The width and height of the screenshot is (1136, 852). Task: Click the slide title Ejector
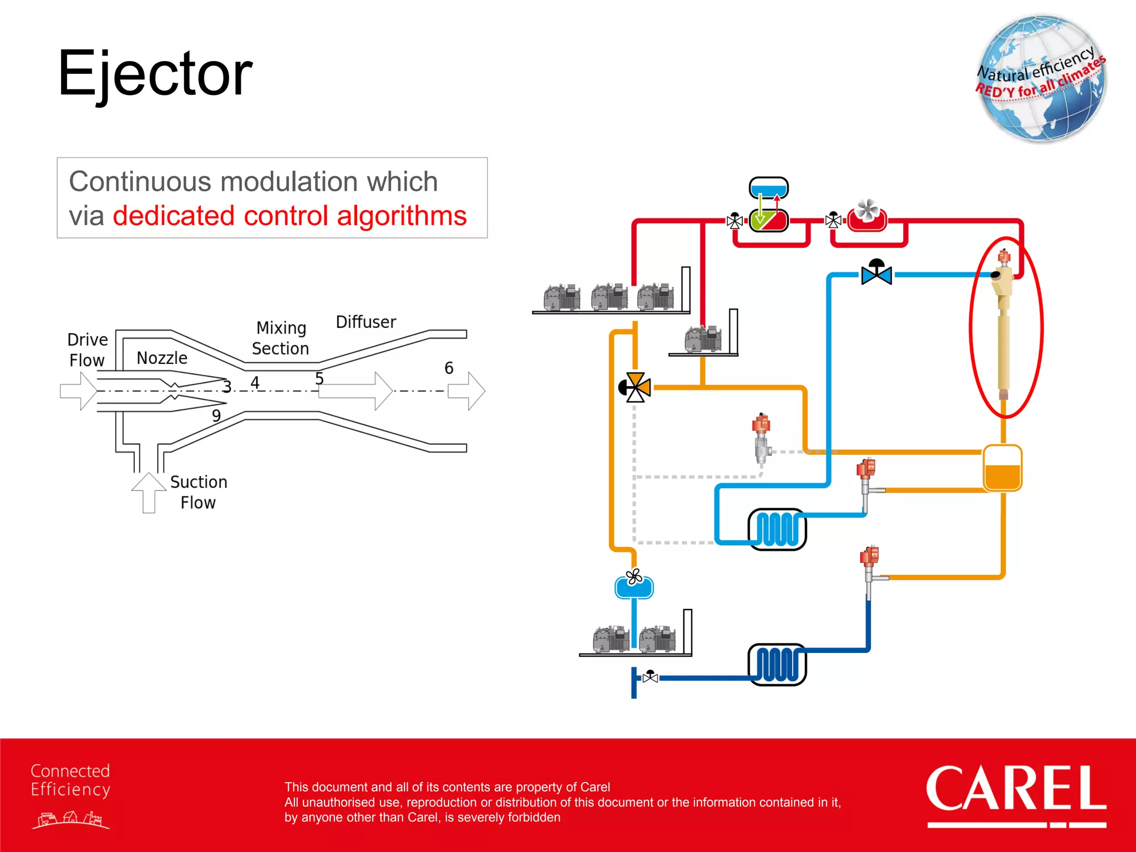155,74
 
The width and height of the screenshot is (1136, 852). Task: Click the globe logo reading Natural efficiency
1041,79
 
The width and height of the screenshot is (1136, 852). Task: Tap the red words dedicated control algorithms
290,216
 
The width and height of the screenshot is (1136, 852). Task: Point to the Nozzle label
162,358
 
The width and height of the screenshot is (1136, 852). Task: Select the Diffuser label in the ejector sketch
366,322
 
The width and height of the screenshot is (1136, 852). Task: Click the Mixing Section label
281,338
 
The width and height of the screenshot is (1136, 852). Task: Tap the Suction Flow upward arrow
149,491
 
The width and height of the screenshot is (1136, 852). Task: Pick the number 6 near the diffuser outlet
449,368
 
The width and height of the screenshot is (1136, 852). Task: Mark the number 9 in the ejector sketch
216,415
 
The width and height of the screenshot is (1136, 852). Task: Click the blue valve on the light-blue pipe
876,273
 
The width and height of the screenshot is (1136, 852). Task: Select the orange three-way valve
635,387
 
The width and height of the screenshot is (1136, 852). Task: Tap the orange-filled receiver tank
1002,469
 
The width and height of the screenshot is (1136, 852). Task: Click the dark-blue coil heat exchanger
777,665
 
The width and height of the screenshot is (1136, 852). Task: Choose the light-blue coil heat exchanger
777,529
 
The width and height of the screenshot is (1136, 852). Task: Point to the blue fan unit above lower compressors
634,585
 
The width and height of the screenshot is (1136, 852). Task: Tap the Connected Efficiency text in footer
70,780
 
